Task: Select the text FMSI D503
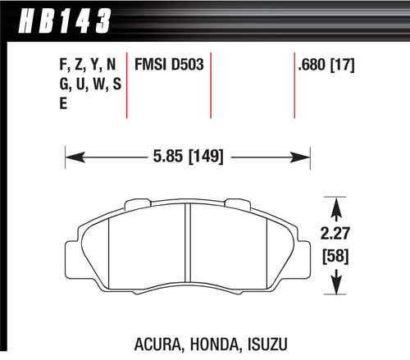(x=168, y=63)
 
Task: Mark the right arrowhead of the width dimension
(x=306, y=153)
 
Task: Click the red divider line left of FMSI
(x=127, y=86)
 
